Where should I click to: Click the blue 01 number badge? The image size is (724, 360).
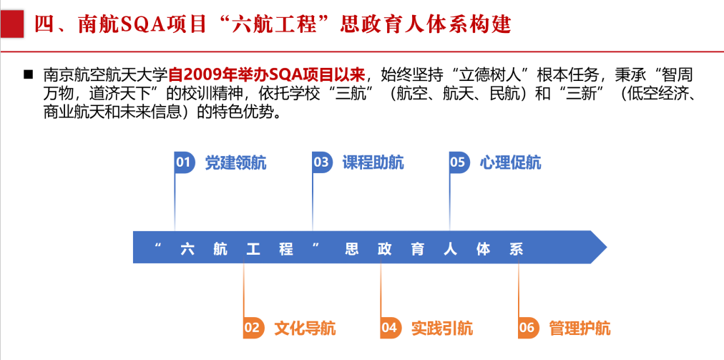click(185, 162)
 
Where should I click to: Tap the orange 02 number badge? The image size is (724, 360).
click(253, 328)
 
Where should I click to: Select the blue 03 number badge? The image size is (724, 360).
click(322, 162)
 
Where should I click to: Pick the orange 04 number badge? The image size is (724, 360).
click(391, 328)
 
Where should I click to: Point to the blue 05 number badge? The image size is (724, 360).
click(459, 162)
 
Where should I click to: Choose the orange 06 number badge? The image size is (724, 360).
click(528, 328)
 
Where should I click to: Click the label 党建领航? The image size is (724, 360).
click(235, 162)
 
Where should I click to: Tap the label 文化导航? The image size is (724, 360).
click(305, 329)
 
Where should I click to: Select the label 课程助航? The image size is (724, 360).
click(373, 162)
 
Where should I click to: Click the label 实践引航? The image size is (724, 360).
click(442, 329)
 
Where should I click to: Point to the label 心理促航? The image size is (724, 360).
click(510, 162)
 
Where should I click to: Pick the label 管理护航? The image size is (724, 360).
click(579, 329)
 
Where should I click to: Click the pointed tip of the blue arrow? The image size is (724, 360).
click(607, 247)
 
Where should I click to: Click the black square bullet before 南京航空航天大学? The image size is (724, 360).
click(29, 74)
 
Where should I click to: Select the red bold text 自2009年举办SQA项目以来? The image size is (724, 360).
click(268, 74)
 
